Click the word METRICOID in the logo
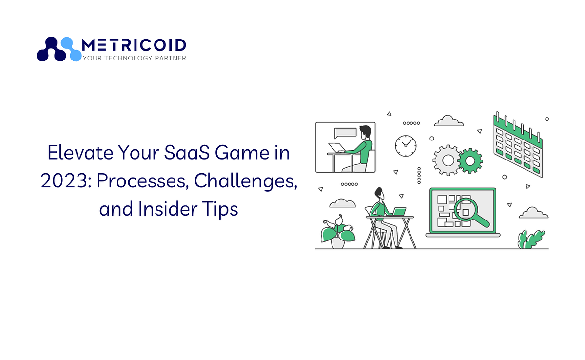[x=134, y=45]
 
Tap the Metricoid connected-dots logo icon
[x=59, y=49]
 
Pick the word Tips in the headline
[x=221, y=209]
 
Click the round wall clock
[x=406, y=144]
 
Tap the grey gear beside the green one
[x=446, y=159]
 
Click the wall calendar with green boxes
[x=517, y=144]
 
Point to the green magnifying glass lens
[x=465, y=210]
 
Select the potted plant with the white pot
[x=337, y=233]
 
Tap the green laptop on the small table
[x=399, y=212]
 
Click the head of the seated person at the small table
[x=379, y=193]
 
